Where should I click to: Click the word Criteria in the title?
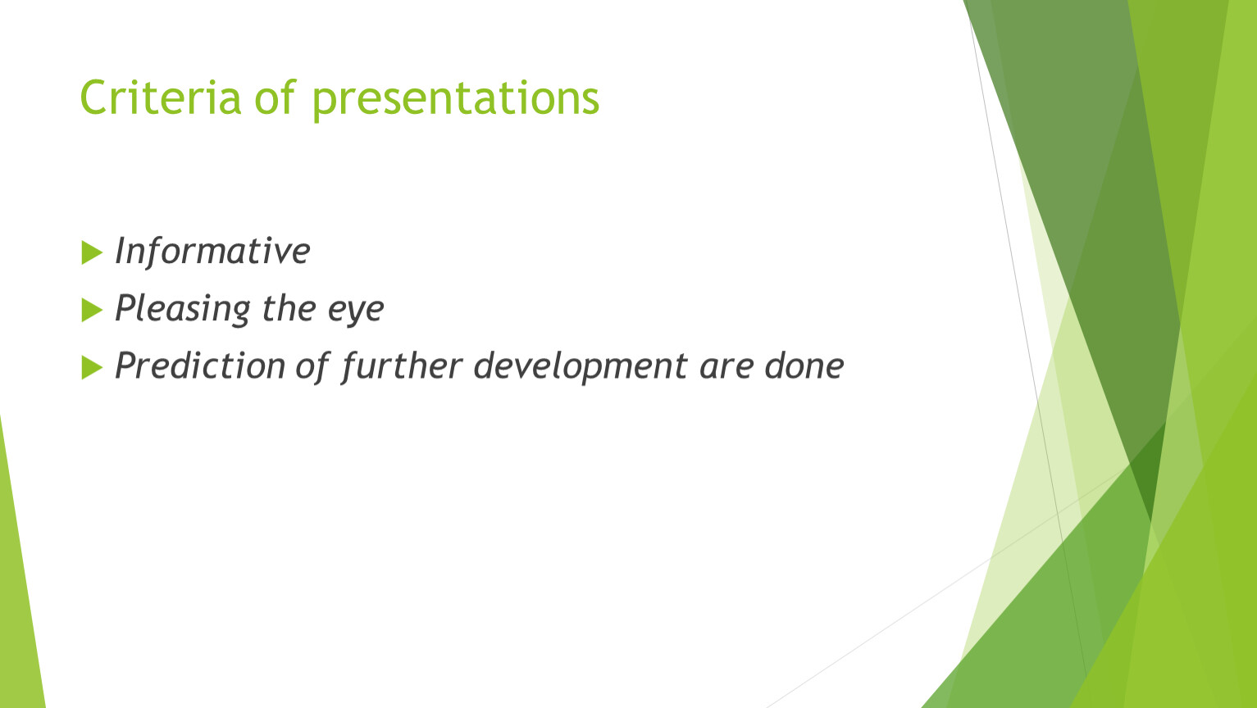pos(161,98)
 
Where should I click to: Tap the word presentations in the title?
pos(456,100)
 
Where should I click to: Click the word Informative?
pos(212,251)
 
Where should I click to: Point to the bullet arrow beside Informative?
pos(92,252)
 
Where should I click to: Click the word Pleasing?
pos(182,309)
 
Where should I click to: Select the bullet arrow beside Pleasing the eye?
pos(92,311)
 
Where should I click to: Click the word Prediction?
pos(200,365)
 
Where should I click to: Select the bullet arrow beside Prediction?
pos(92,368)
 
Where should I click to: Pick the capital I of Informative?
pos(120,250)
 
